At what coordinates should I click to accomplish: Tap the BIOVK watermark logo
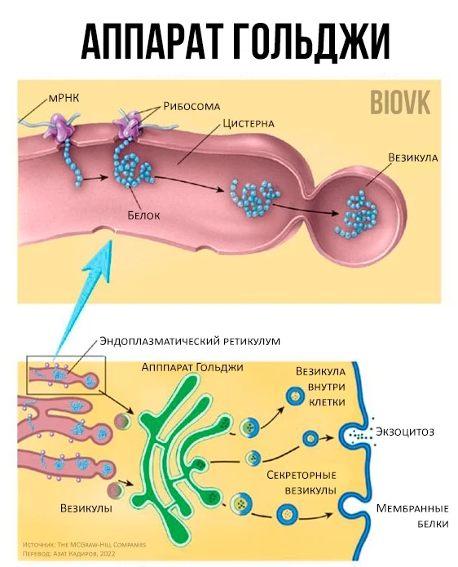(x=400, y=103)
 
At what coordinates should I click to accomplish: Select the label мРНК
(x=64, y=99)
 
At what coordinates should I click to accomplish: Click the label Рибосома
(x=192, y=106)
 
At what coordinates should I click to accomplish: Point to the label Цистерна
(x=249, y=123)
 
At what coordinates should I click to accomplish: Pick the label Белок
(x=143, y=215)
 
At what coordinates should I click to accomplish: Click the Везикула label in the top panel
(x=413, y=157)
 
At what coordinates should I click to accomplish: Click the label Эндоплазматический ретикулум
(x=190, y=341)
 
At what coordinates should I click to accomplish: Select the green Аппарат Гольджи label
(x=192, y=367)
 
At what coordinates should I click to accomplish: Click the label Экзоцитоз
(x=405, y=432)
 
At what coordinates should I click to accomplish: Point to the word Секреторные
(x=302, y=475)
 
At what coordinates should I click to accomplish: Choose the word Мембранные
(x=412, y=508)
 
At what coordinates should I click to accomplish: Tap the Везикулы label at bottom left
(x=86, y=508)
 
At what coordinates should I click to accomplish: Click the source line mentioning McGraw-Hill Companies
(x=84, y=545)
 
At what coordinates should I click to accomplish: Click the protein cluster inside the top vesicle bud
(x=357, y=215)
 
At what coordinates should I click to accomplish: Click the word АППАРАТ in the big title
(x=151, y=42)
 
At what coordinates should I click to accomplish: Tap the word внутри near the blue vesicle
(x=327, y=387)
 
